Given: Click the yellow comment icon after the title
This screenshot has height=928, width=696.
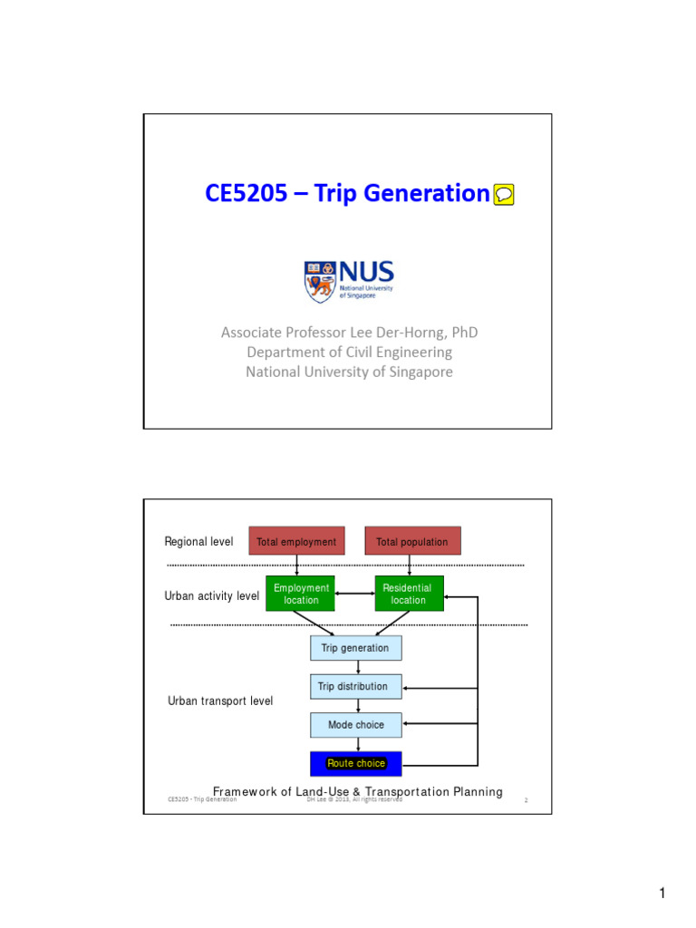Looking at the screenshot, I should pos(505,194).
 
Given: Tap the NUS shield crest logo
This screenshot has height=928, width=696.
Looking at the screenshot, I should pos(320,281).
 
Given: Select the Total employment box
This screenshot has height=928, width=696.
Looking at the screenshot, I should pos(296,541).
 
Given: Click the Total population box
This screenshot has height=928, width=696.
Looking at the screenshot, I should pos(412,541).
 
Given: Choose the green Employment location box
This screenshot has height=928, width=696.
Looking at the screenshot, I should pos(301,594).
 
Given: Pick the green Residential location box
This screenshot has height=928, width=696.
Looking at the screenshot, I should pos(409,594).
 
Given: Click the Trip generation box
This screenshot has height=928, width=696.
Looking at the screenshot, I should pos(355,648).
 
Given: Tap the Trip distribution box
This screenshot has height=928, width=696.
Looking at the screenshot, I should pos(355,686).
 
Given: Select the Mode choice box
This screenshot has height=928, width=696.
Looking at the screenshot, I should pos(355,725).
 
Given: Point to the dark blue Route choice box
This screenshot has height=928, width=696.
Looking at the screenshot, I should pos(355,763).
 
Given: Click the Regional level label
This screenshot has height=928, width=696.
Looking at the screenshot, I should pos(198,542).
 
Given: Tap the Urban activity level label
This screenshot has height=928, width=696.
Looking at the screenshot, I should pos(212,596).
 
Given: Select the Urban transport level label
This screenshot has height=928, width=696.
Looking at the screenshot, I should pos(220,701).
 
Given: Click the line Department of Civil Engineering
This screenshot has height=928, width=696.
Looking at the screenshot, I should pos(349,352).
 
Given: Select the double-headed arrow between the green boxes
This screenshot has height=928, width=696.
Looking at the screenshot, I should pos(354,594).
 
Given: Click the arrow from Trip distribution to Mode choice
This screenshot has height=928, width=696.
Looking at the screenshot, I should pos(358,705).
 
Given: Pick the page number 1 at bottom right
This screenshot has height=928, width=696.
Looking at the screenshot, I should pos(662,894).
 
